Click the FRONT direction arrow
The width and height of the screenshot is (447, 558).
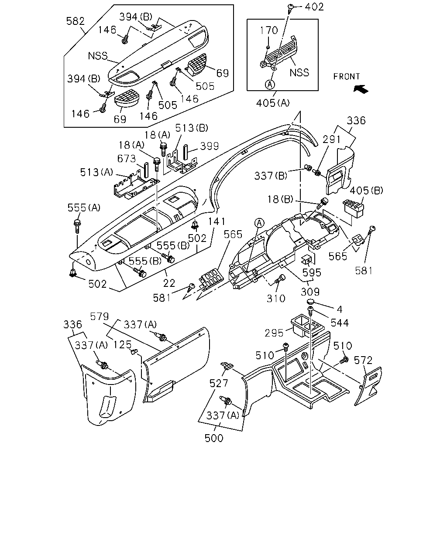click(x=361, y=89)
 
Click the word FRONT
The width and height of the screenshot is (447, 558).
click(x=347, y=76)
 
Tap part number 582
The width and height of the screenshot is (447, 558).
click(x=76, y=21)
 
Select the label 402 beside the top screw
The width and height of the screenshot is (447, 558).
click(x=314, y=7)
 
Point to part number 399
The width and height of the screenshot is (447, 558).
click(x=210, y=146)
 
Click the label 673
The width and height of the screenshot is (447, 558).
click(x=127, y=158)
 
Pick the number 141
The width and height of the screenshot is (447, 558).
click(x=217, y=221)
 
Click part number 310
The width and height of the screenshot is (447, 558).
click(x=276, y=299)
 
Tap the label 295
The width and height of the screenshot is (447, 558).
click(x=274, y=333)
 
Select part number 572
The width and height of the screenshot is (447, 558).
click(x=363, y=361)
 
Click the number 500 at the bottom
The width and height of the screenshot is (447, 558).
click(x=214, y=438)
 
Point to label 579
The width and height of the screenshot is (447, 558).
click(x=100, y=316)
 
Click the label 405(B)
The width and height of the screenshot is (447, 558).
click(x=366, y=191)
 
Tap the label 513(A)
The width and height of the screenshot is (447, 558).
click(x=96, y=172)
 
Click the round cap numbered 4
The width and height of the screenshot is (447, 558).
click(x=310, y=302)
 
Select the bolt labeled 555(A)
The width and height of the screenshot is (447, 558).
click(x=77, y=226)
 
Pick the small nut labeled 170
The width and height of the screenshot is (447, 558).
click(x=268, y=47)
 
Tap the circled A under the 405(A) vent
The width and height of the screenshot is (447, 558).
click(x=270, y=85)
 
